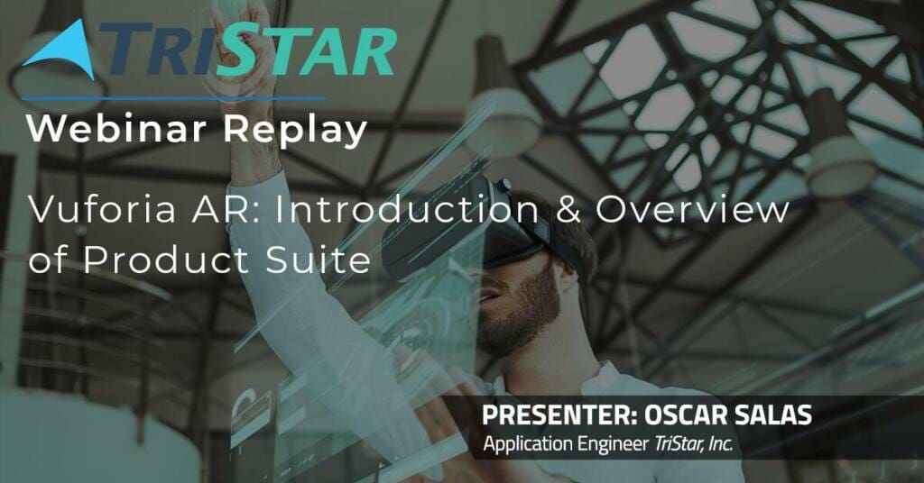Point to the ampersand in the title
[568, 210]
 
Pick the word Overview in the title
[692, 210]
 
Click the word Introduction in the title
[407, 210]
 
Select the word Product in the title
[166, 260]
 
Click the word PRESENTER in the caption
[559, 415]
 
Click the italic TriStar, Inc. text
[694, 443]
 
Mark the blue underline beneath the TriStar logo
[173, 98]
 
